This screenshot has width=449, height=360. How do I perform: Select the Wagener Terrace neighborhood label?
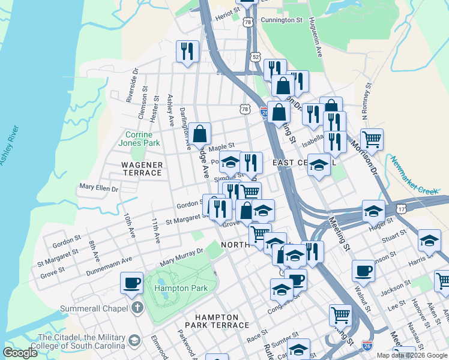(142, 169)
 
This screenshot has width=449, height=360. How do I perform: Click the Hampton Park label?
(181, 288)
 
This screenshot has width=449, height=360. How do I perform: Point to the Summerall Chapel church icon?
(137, 308)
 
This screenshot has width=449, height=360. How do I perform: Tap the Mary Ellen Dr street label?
(99, 188)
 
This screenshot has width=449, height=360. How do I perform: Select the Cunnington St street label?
(282, 20)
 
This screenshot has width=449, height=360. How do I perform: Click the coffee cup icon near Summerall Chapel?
(131, 283)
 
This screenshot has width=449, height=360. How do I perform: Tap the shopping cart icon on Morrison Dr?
(372, 140)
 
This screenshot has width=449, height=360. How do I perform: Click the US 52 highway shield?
(256, 56)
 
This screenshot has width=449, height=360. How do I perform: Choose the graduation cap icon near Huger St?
(373, 211)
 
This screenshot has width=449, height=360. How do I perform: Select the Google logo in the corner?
(20, 353)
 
